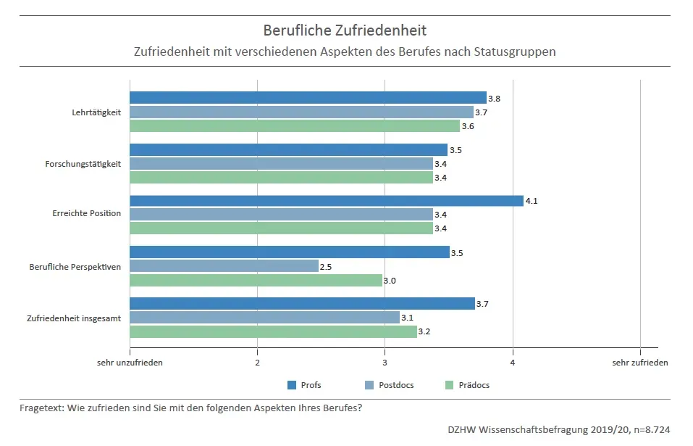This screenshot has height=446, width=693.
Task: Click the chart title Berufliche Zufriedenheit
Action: pyautogui.click(x=345, y=30)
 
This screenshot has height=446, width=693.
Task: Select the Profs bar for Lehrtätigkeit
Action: pyautogui.click(x=308, y=98)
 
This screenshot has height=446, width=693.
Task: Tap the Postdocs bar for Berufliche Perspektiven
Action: pyautogui.click(x=224, y=266)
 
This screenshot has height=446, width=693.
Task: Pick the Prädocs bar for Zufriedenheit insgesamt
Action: pyautogui.click(x=273, y=331)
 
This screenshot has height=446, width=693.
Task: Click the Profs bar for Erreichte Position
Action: pyautogui.click(x=326, y=201)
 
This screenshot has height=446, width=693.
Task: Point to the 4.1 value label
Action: pyautogui.click(x=531, y=201)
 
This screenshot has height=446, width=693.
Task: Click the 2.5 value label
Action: pyautogui.click(x=326, y=267)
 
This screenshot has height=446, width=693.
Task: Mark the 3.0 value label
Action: pyautogui.click(x=390, y=281)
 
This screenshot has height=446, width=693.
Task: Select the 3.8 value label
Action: pyautogui.click(x=494, y=99)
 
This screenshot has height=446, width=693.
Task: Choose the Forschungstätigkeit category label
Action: pyautogui.click(x=83, y=163)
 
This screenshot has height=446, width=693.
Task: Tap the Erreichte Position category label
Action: pyautogui.click(x=87, y=215)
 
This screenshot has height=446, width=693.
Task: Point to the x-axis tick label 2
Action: pyautogui.click(x=257, y=363)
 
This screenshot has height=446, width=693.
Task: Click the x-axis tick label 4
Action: pyautogui.click(x=513, y=363)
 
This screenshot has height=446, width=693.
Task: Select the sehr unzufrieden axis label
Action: pyautogui.click(x=130, y=363)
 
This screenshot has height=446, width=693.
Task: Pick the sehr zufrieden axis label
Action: pyautogui.click(x=640, y=363)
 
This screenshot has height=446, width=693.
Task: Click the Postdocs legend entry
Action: pyautogui.click(x=395, y=385)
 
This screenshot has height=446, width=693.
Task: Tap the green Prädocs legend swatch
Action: pyautogui.click(x=448, y=385)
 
